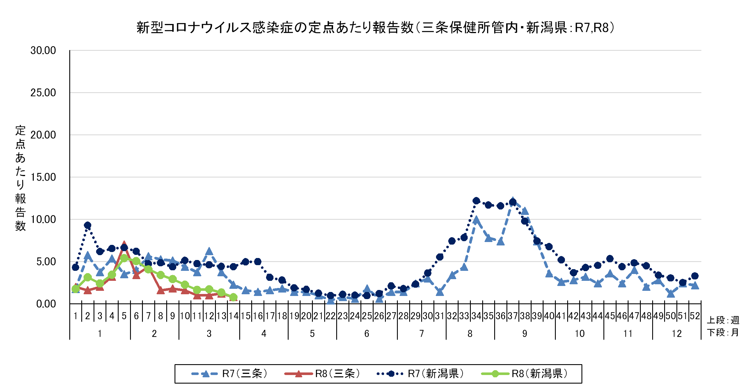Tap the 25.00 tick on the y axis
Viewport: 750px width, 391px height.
[43, 93]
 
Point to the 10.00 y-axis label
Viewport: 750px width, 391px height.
[43, 219]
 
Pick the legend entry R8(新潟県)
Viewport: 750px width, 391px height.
[524, 374]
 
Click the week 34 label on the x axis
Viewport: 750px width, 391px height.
[476, 316]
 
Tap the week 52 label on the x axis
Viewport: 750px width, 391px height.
[694, 316]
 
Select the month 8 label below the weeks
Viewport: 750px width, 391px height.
[470, 334]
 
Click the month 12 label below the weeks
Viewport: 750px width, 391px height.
[676, 334]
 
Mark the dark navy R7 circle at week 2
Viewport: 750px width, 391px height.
[88, 225]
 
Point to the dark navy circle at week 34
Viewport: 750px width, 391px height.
[476, 200]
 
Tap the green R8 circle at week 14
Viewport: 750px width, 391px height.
[234, 297]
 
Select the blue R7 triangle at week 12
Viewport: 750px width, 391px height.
[209, 251]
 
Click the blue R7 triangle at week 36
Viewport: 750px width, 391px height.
[500, 241]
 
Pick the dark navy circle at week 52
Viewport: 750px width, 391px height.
[695, 276]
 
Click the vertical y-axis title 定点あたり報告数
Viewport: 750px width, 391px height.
[20, 178]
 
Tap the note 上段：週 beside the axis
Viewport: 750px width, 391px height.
[723, 320]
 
